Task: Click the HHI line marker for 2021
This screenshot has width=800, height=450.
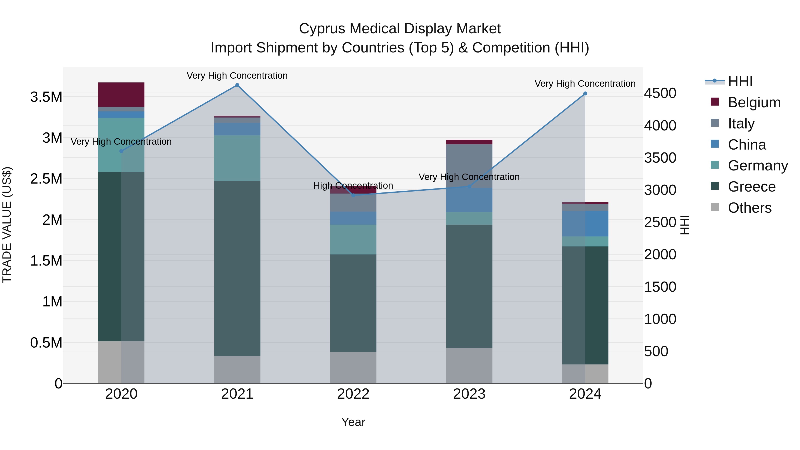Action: point(237,85)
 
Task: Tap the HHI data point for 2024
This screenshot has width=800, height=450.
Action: point(585,94)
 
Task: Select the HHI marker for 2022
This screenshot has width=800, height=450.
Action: point(353,195)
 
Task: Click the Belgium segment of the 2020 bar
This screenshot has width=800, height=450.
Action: point(121,95)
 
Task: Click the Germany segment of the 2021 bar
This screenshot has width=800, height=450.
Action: point(237,158)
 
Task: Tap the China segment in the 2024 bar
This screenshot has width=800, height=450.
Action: point(585,224)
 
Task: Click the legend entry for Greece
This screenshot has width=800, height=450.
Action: point(752,187)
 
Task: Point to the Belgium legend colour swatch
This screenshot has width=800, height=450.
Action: point(715,102)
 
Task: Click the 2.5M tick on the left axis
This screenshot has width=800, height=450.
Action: point(46,179)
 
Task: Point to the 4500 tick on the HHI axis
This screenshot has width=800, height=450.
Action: point(660,93)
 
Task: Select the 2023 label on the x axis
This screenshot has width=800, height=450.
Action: point(469,394)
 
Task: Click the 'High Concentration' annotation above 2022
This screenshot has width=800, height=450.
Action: point(353,185)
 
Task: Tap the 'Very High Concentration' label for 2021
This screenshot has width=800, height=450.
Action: point(237,76)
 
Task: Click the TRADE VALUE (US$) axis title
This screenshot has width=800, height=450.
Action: point(7,225)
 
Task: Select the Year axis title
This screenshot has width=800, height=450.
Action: point(353,422)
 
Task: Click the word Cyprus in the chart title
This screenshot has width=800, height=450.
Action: point(322,29)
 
